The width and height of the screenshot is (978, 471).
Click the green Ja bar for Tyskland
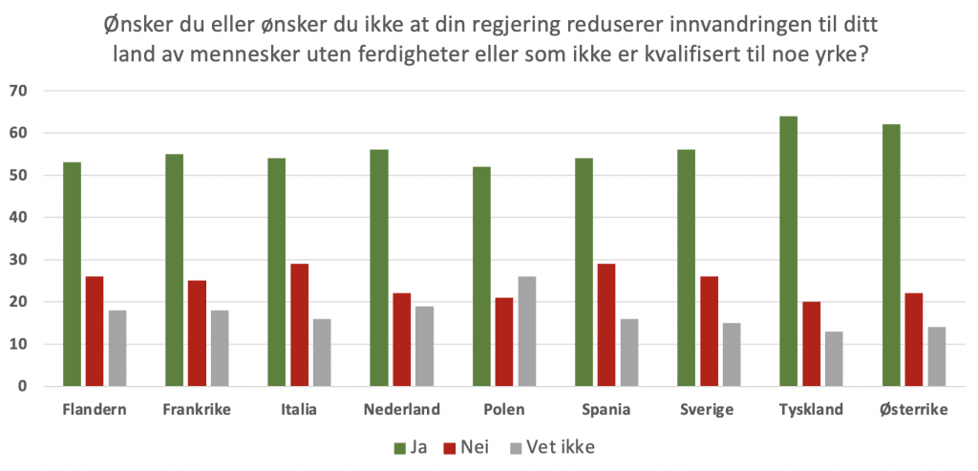788,251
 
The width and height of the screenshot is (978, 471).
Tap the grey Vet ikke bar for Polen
526,332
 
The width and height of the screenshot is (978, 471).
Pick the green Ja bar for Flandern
73,274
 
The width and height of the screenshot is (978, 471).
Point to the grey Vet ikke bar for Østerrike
936,356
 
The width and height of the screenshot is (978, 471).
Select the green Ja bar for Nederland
379,268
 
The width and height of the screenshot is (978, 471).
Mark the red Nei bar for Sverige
708,332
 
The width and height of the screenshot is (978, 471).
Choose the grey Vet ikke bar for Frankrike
219,348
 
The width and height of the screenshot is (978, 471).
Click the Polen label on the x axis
504,410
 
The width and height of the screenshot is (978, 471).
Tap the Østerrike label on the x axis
913,410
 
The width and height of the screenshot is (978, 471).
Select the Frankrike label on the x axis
198,410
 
